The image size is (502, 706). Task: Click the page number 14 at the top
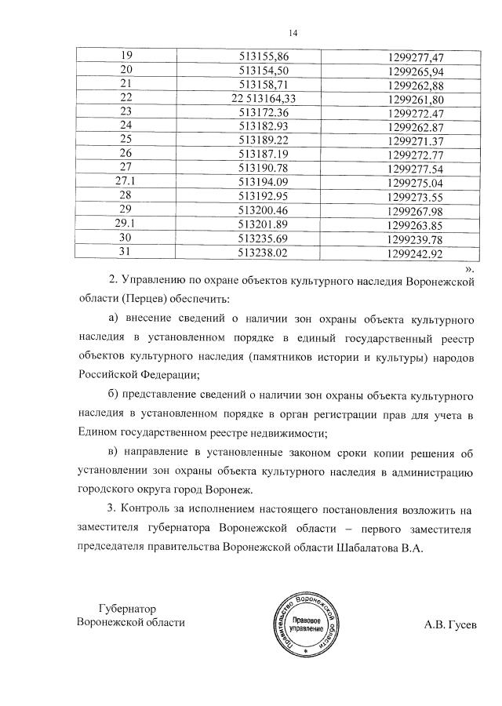click(293, 32)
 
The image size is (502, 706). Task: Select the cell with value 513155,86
click(263, 56)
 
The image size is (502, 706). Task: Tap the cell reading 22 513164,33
click(263, 99)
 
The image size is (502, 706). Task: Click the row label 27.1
click(125, 182)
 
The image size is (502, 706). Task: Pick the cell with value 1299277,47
click(416, 57)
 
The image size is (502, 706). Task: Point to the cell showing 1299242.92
click(416, 253)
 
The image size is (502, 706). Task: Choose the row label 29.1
click(125, 224)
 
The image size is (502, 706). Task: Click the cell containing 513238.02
click(263, 253)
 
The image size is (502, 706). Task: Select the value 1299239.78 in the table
click(416, 239)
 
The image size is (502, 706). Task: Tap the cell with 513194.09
click(263, 182)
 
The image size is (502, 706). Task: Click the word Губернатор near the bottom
click(128, 608)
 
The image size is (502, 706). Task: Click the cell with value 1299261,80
click(416, 100)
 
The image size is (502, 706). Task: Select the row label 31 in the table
click(125, 253)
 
